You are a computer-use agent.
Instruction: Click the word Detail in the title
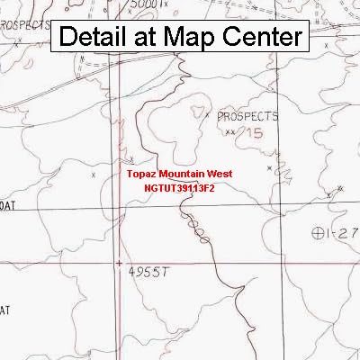pos(96,38)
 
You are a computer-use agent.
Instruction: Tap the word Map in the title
pos(193,38)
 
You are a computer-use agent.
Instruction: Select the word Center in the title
pos(261,38)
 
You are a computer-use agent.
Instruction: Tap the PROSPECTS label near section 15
pos(249,116)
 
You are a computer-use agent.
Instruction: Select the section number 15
pos(255,132)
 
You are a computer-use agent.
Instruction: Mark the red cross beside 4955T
pos(120,264)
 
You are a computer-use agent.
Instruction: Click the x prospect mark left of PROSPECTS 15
pos(208,115)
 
